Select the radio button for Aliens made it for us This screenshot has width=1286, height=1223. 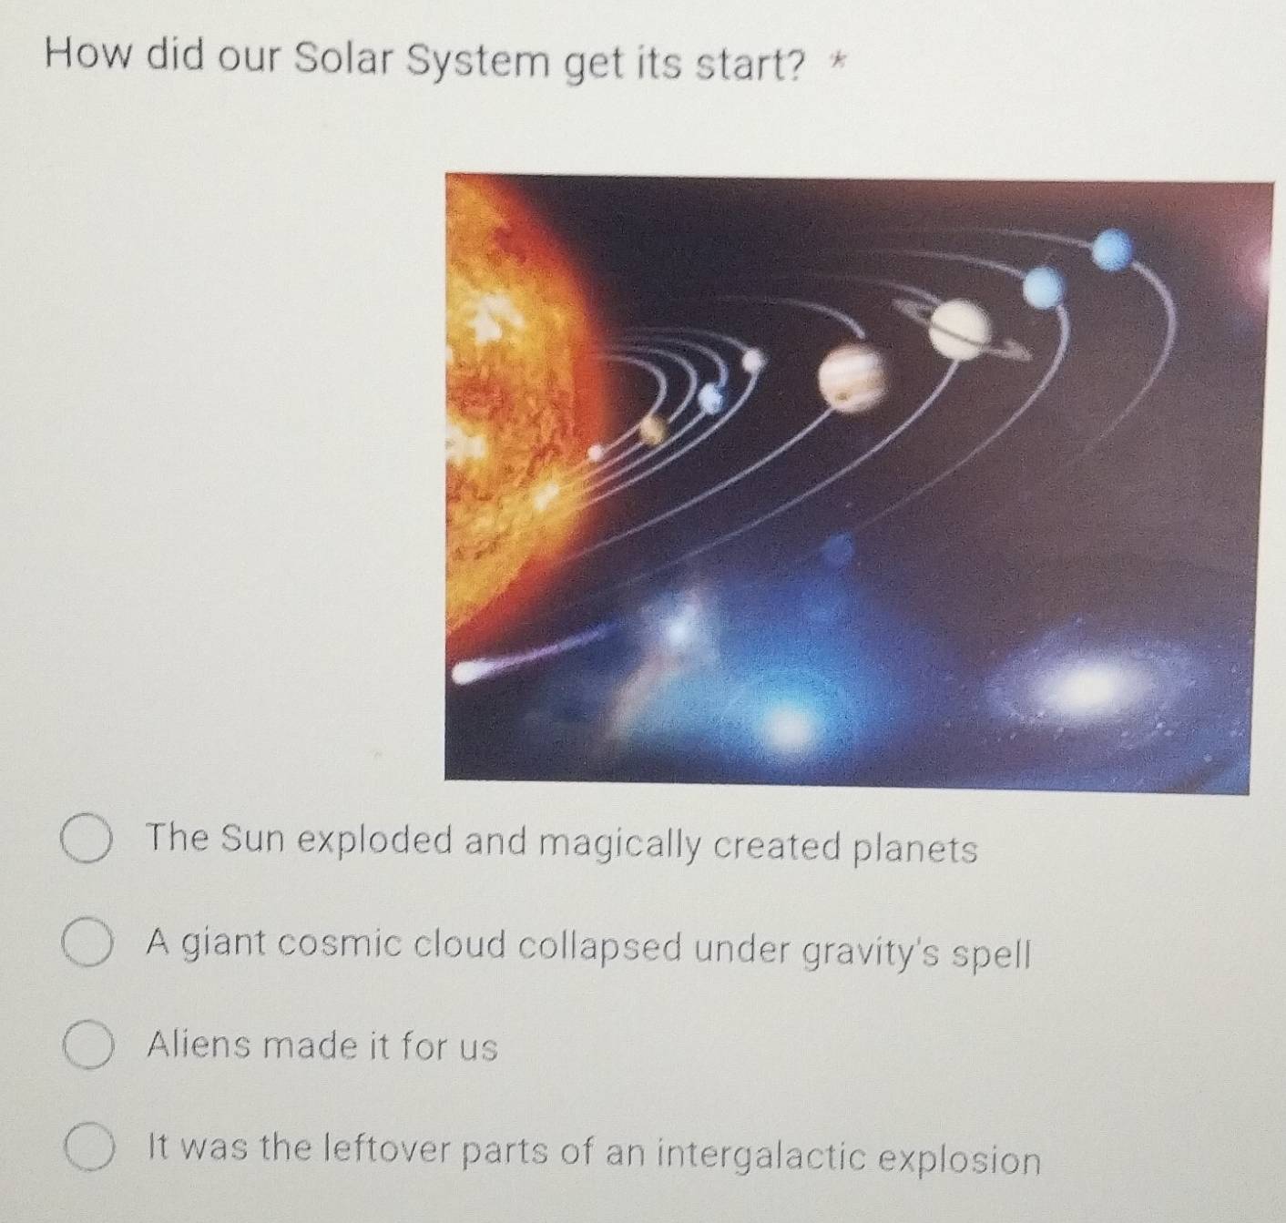click(x=88, y=1047)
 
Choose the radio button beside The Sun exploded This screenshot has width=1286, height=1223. click(x=88, y=843)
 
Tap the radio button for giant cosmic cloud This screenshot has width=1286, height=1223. click(x=88, y=946)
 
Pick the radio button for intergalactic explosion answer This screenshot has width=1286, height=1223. click(x=88, y=1150)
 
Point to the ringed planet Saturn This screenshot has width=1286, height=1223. click(x=962, y=328)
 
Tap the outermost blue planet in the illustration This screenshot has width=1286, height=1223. click(x=1114, y=249)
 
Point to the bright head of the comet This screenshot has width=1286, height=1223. click(x=470, y=674)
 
